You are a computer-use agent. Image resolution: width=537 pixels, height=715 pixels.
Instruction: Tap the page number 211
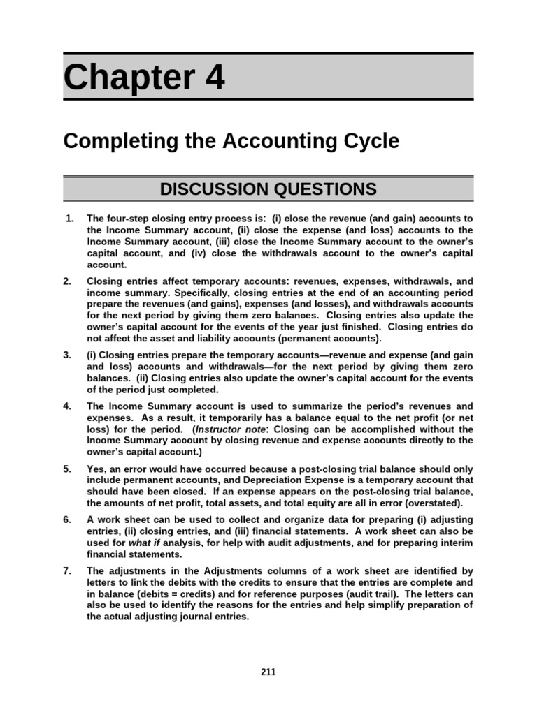click(268, 672)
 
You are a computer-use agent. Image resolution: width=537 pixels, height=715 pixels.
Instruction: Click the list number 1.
click(69, 219)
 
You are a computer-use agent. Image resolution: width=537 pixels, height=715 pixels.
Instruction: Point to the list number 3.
click(68, 355)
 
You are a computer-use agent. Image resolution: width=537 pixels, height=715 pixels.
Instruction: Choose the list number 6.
click(68, 520)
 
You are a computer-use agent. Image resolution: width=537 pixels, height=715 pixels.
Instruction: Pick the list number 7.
click(68, 570)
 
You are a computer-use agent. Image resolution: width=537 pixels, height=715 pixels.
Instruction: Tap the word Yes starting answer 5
click(96, 469)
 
